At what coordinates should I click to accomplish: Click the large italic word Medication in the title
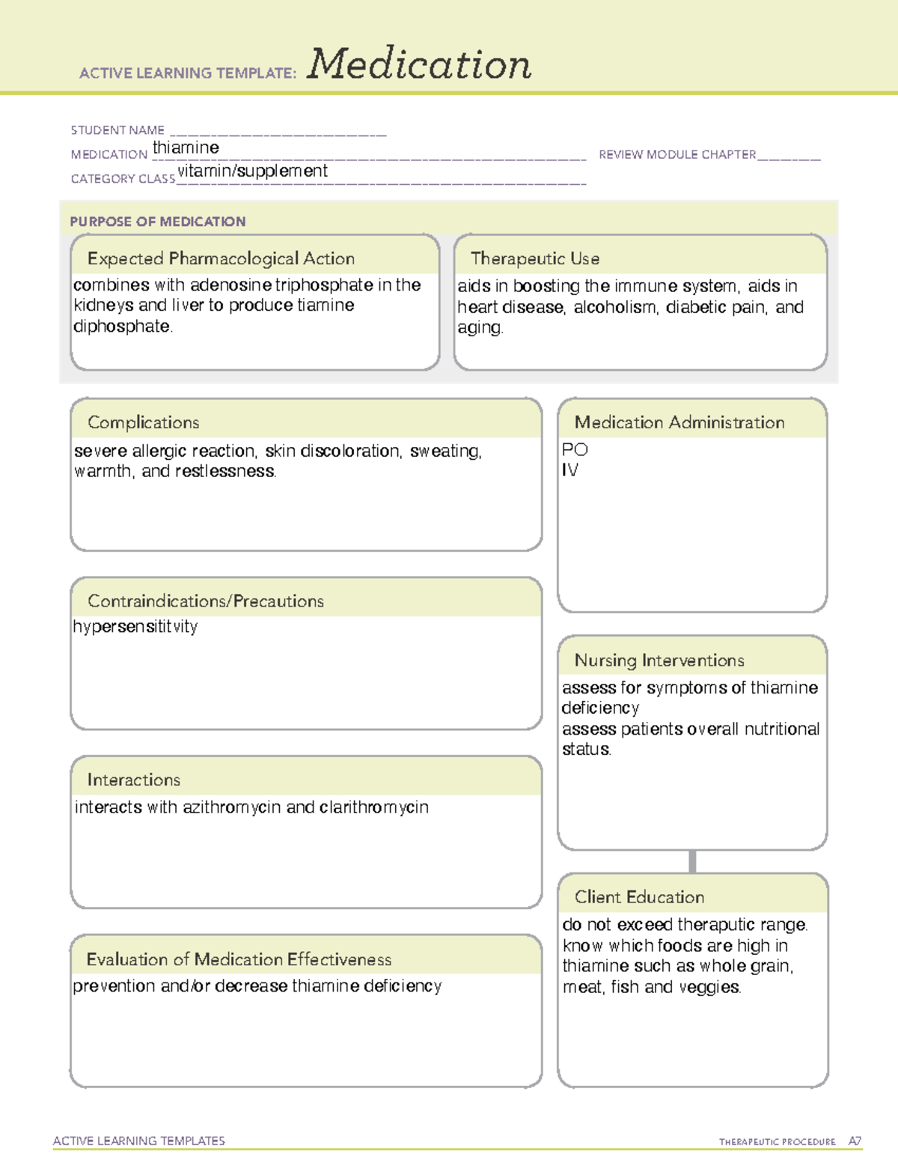pos(418,64)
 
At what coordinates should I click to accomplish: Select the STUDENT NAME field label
pos(117,130)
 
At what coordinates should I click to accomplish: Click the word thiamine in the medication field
pos(186,148)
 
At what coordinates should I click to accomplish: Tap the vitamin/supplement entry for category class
pos(252,171)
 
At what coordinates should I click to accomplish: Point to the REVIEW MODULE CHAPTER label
pos(677,154)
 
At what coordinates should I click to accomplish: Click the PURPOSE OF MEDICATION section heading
pos(158,222)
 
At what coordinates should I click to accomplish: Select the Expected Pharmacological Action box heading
pos(221,258)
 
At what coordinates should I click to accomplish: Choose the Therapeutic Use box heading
pos(535,258)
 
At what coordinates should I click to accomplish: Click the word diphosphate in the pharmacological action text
pos(122,327)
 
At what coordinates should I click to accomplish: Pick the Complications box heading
pos(144,422)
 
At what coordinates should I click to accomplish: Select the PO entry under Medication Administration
pos(575,449)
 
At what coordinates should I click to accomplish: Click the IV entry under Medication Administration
pos(569,470)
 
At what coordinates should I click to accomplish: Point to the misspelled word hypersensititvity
pos(135,626)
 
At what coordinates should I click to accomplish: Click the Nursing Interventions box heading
pos(659,661)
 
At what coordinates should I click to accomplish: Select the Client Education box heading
pos(639,897)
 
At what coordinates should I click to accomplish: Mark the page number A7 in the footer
pos(854,1141)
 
